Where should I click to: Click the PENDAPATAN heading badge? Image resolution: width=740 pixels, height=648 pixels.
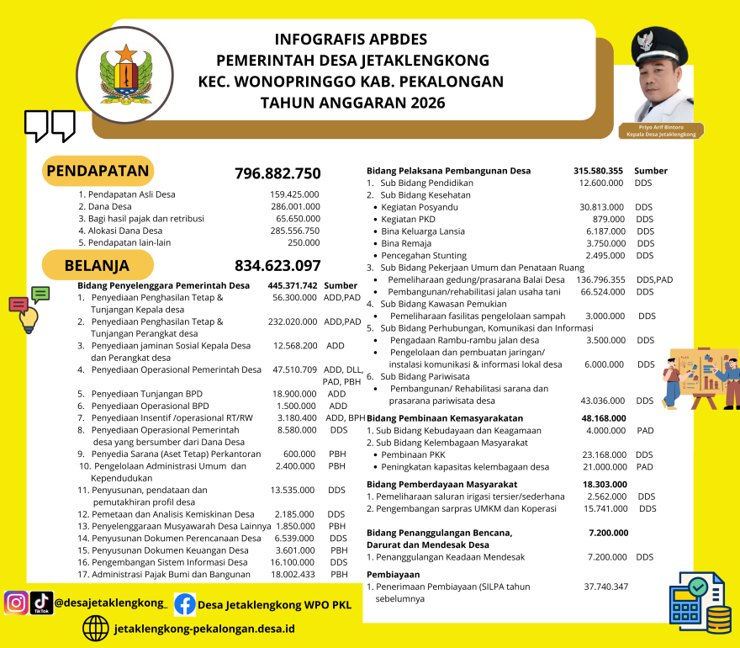[x=98, y=172]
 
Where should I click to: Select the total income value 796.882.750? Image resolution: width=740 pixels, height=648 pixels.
[x=277, y=174]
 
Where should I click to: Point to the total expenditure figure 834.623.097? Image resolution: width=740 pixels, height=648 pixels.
[x=277, y=266]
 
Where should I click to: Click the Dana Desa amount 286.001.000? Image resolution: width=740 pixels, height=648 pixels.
[x=295, y=206]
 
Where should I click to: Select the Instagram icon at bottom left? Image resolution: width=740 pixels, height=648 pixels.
[x=16, y=603]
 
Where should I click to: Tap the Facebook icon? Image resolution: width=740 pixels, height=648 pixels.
[x=184, y=604]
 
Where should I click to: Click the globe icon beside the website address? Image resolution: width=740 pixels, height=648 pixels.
[x=96, y=628]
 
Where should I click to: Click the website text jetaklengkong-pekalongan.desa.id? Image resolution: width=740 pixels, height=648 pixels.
[x=203, y=629]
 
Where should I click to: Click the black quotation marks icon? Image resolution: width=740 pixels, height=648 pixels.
[x=50, y=125]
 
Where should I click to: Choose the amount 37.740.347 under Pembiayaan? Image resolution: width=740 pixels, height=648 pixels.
[x=605, y=587]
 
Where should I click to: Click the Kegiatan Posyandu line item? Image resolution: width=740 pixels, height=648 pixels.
[x=420, y=207]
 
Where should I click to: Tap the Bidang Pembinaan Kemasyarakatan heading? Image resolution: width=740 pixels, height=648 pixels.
[x=445, y=417]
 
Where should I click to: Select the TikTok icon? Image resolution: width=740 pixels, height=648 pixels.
[x=41, y=603]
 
